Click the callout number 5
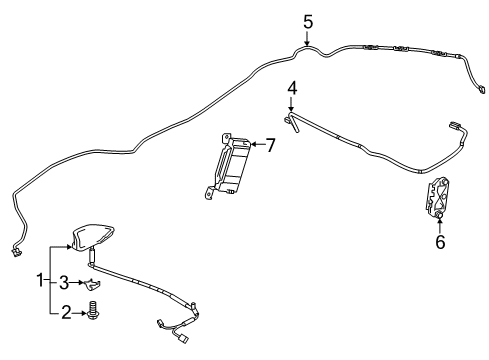pyautogui.click(x=308, y=22)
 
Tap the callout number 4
pyautogui.click(x=292, y=88)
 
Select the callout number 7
pyautogui.click(x=269, y=145)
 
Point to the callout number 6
pyautogui.click(x=440, y=242)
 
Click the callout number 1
pyautogui.click(x=40, y=280)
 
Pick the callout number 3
pyautogui.click(x=64, y=283)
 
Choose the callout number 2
pyautogui.click(x=66, y=313)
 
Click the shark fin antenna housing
pyautogui.click(x=93, y=237)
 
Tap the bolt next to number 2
pyautogui.click(x=93, y=311)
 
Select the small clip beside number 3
pyautogui.click(x=91, y=284)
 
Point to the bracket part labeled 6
pyautogui.click(x=438, y=197)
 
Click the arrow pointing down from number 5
pyautogui.click(x=307, y=38)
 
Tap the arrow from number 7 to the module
pyautogui.click(x=257, y=144)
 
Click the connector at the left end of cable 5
pyautogui.click(x=15, y=252)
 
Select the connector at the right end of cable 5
pyautogui.click(x=482, y=89)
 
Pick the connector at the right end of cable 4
pyautogui.click(x=455, y=125)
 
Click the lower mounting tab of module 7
pyautogui.click(x=209, y=193)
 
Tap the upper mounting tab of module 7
pyautogui.click(x=226, y=137)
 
